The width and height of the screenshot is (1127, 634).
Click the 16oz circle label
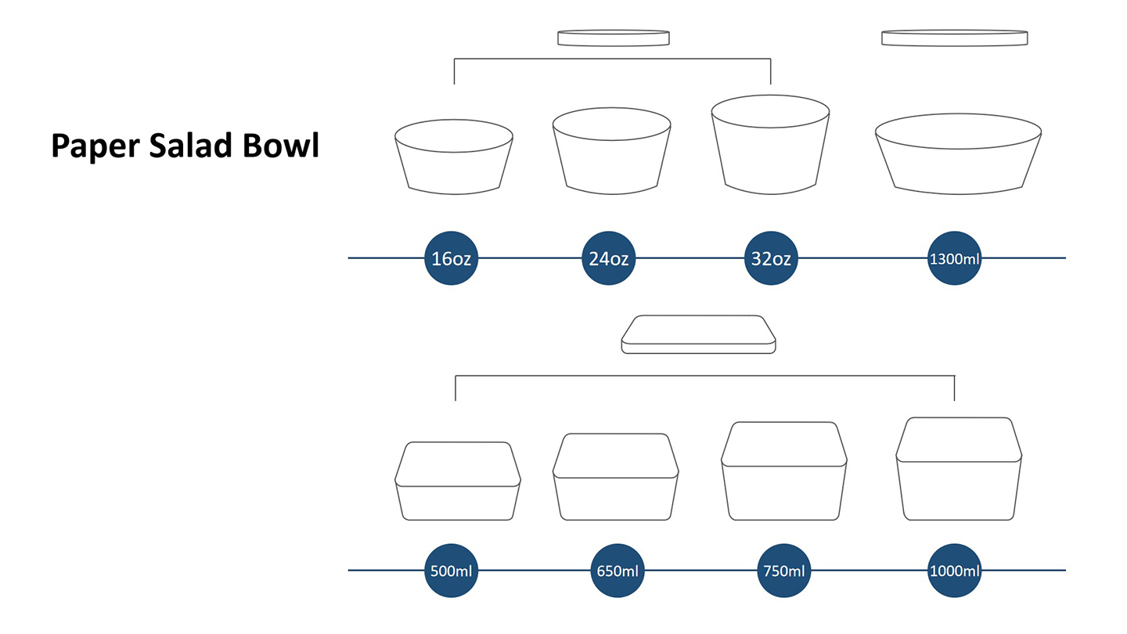click(451, 258)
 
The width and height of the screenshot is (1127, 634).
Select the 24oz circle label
click(608, 258)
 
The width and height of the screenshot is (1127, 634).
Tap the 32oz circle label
click(771, 258)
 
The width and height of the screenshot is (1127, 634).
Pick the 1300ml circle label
click(954, 258)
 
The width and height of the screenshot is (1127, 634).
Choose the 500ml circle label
click(451, 571)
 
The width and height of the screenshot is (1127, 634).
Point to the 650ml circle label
click(615, 571)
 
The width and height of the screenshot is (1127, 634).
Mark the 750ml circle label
click(783, 571)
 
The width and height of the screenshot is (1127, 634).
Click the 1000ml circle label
click(954, 571)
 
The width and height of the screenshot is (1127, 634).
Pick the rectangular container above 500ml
click(458, 481)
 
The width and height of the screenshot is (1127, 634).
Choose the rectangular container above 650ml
click(615, 477)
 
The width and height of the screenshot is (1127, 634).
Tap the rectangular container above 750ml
click(783, 471)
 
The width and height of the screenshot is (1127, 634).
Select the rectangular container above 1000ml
click(959, 469)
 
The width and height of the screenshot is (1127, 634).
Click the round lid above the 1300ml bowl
click(955, 38)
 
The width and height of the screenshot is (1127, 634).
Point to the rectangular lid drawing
click(699, 334)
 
